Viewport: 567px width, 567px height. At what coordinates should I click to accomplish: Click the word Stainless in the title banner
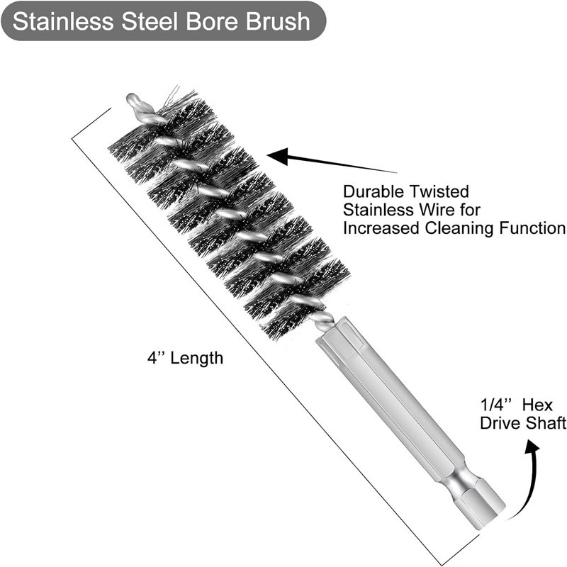click(x=63, y=21)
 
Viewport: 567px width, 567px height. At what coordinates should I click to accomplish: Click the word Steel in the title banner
click(x=150, y=21)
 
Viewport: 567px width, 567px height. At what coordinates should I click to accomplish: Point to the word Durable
click(x=375, y=191)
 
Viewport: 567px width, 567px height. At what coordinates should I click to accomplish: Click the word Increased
click(x=381, y=228)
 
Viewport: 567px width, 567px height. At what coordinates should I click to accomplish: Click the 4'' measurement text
click(x=155, y=358)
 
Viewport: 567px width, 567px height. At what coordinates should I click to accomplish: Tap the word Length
click(x=197, y=359)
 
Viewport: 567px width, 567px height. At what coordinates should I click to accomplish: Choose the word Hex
click(x=537, y=405)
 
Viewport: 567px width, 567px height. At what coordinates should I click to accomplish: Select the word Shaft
click(x=546, y=423)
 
